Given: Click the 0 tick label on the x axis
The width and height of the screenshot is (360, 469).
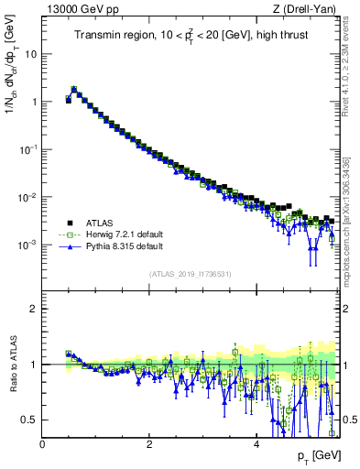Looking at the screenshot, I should (x=42, y=444).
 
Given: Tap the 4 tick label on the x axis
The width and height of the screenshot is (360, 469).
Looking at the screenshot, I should (x=256, y=444).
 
